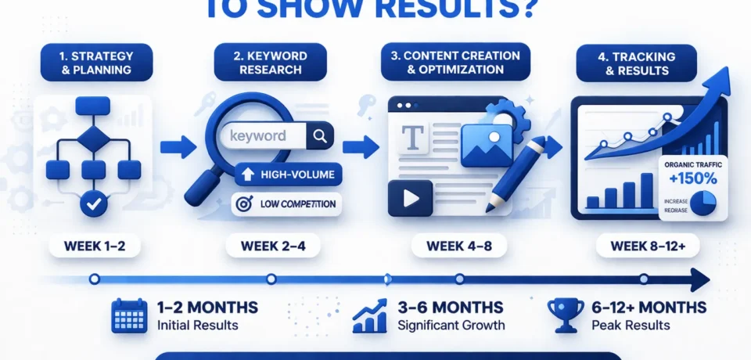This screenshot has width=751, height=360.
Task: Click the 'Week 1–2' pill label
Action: tap(93, 246)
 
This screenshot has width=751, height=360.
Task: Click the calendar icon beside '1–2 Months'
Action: tap(128, 315)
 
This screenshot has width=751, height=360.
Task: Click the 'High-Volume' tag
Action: tap(288, 174)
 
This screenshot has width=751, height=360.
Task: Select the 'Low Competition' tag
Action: tap(287, 204)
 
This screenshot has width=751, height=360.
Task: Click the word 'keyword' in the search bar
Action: tap(258, 136)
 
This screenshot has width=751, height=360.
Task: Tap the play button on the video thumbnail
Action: tap(411, 198)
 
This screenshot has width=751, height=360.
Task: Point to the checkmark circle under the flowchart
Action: tap(93, 205)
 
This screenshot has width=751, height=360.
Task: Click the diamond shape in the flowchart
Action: tap(94, 139)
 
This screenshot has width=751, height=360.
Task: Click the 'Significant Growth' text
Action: tap(451, 325)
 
